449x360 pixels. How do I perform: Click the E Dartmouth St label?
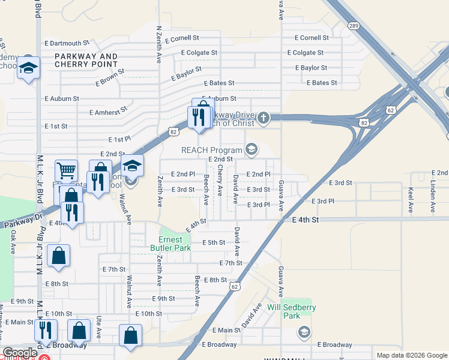pyautogui.click(x=67, y=43)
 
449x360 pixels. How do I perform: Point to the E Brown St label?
pyautogui.click(x=108, y=75)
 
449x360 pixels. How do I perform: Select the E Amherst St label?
pyautogui.click(x=108, y=111)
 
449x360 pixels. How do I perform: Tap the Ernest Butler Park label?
pyautogui.click(x=175, y=243)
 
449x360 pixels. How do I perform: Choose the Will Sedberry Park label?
pyautogui.click(x=291, y=311)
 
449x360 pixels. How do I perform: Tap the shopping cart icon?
pyautogui.click(x=66, y=169)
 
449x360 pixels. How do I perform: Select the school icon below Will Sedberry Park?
pyautogui.click(x=304, y=332)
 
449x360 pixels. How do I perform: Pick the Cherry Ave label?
pyautogui.click(x=220, y=180)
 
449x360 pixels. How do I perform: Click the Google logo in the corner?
pyautogui.click(x=20, y=353)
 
